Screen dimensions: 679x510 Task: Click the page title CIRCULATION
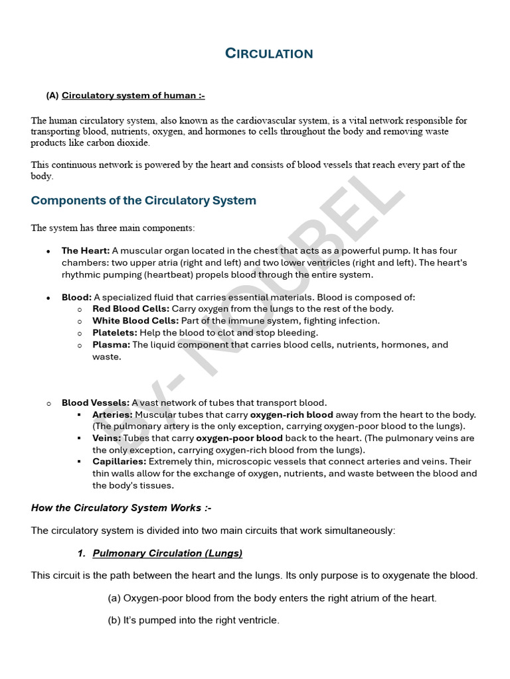(x=269, y=54)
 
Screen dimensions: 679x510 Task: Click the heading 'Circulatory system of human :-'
(x=133, y=95)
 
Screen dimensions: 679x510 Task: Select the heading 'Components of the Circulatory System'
(x=143, y=200)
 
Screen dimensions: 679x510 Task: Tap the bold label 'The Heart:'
(x=86, y=251)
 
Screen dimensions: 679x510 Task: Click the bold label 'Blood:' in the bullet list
(x=76, y=297)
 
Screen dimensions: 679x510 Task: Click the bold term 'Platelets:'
(x=114, y=333)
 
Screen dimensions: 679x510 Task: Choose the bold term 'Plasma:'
(x=111, y=345)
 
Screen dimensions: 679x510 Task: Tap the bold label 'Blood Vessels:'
(x=96, y=402)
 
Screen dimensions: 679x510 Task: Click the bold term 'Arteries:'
(x=112, y=414)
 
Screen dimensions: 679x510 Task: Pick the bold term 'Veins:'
(x=106, y=438)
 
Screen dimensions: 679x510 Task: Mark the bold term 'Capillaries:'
(x=120, y=462)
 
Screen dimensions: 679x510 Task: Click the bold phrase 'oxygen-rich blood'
(x=292, y=414)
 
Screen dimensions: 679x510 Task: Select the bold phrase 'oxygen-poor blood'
(x=239, y=438)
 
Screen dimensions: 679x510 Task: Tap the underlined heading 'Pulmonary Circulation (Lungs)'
(x=167, y=553)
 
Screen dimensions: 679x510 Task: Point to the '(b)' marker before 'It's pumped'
(x=114, y=621)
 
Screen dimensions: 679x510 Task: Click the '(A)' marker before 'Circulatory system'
(x=52, y=95)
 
